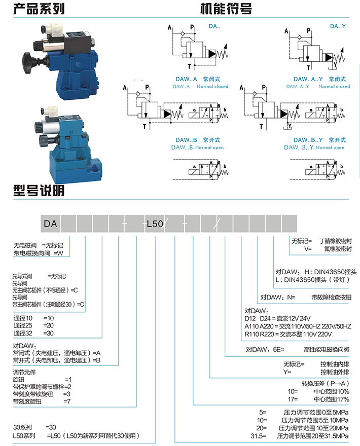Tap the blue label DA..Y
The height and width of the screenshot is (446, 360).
click(337, 26)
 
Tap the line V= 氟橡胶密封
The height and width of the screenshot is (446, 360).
click(327, 249)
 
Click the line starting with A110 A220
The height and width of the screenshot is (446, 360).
click(298, 326)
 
